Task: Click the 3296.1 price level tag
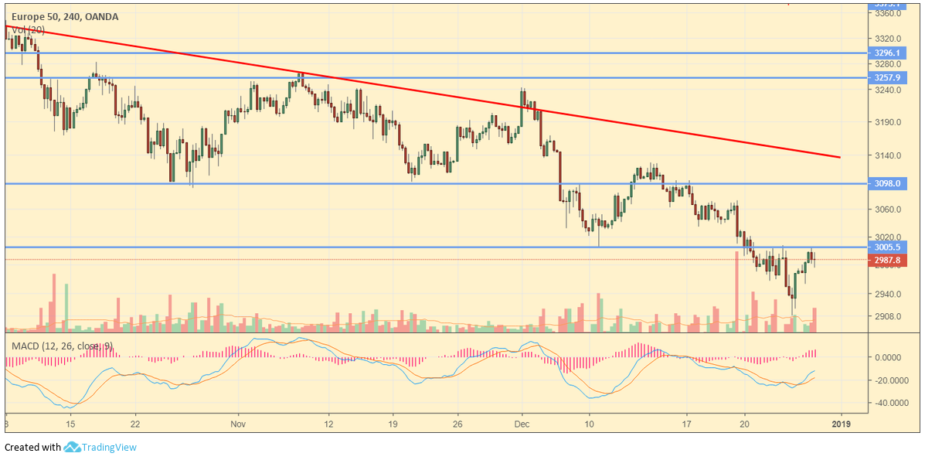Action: pyautogui.click(x=886, y=53)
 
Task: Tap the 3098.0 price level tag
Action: pyautogui.click(x=886, y=184)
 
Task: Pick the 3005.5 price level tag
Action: pyautogui.click(x=886, y=247)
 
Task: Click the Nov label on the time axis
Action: pyautogui.click(x=238, y=424)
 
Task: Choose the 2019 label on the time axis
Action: pyautogui.click(x=841, y=424)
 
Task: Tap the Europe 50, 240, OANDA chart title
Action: pyautogui.click(x=65, y=16)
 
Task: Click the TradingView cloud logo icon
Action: pyautogui.click(x=73, y=447)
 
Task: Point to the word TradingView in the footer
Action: pyautogui.click(x=110, y=447)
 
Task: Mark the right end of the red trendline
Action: pyautogui.click(x=839, y=157)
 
